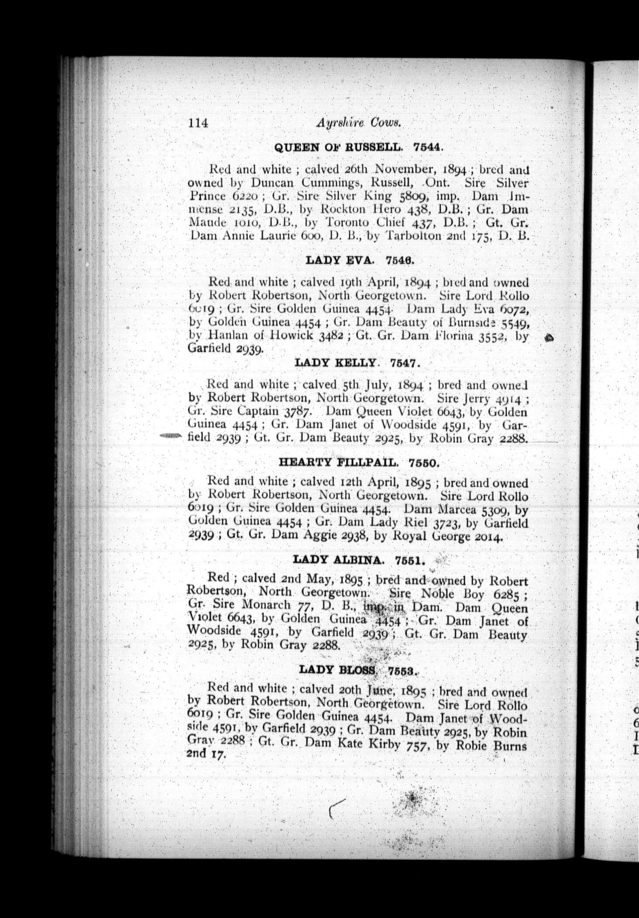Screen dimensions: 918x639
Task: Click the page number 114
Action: coord(198,123)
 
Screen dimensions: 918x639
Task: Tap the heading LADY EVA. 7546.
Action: coord(359,260)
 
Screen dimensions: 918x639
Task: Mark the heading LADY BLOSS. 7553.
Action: coord(358,670)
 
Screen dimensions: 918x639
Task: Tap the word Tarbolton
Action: coord(434,237)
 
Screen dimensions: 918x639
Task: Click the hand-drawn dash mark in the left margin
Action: coord(170,435)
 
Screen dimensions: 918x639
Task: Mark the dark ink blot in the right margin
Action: coord(550,337)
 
